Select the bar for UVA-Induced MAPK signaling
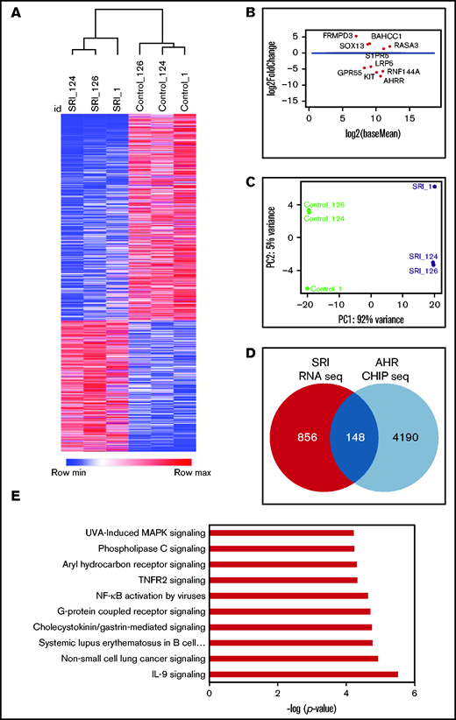pyautogui.click(x=281, y=532)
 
